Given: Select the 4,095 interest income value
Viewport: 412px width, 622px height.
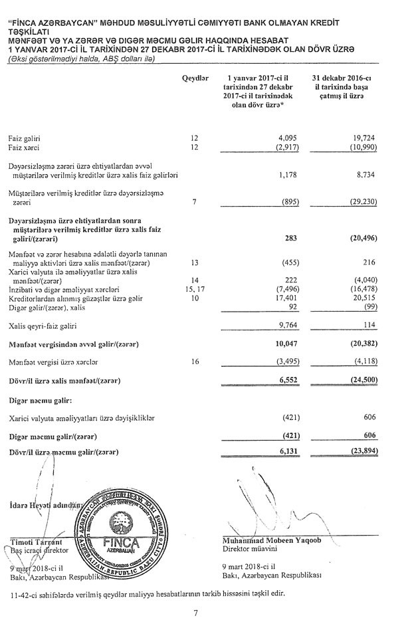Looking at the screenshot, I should coord(284,138).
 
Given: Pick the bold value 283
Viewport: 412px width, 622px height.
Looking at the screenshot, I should coord(287,234).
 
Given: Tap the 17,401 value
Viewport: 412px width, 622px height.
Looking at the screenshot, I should coord(282,298).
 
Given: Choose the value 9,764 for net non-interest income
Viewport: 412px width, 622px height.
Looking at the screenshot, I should coord(283,326).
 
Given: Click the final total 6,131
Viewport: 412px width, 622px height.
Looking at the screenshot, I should coord(283,451).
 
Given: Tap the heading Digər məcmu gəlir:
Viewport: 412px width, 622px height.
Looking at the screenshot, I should coord(40,401).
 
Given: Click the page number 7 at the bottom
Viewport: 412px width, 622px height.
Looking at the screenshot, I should coord(206,612).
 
